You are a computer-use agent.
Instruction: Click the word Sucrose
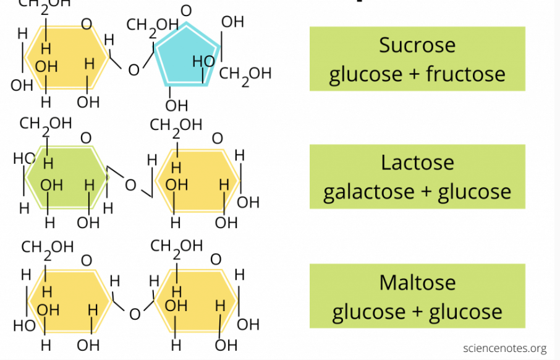[x=417, y=45]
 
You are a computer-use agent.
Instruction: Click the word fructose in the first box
[x=465, y=74]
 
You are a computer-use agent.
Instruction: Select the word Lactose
[x=417, y=163]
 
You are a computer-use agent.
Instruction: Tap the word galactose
[x=368, y=192]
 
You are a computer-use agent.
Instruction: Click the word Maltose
[x=417, y=283]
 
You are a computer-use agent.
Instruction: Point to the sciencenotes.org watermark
[x=504, y=348]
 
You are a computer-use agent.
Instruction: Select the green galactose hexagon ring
[x=67, y=177]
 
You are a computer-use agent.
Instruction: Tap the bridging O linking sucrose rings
[x=134, y=70]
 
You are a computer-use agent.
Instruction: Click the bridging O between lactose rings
[x=130, y=185]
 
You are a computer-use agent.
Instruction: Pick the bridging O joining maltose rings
[x=135, y=314]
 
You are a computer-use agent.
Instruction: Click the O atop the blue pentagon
[x=186, y=11]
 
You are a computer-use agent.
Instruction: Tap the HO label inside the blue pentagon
[x=203, y=61]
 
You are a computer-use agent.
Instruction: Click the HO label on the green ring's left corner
[x=24, y=158]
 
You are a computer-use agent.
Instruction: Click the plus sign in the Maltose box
[x=417, y=312]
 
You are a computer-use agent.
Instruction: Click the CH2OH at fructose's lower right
[x=245, y=75]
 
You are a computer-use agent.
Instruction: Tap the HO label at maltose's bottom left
[x=24, y=326]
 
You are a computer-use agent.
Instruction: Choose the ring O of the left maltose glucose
[x=87, y=260]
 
